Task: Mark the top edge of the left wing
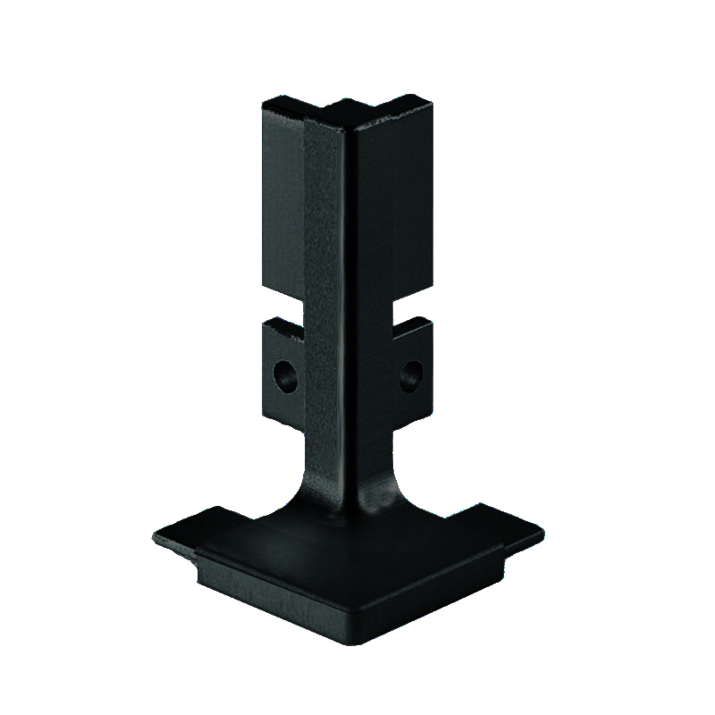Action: [282, 101]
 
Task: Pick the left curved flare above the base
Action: [304, 483]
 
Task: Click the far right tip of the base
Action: [542, 534]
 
